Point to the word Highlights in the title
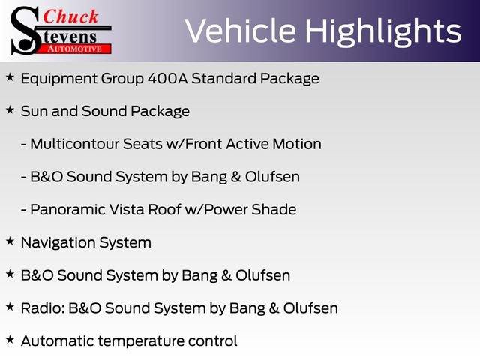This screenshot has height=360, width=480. (382, 31)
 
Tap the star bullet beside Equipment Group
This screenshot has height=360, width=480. (10, 76)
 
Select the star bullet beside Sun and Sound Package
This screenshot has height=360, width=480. (10, 109)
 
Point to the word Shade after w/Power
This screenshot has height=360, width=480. (274, 210)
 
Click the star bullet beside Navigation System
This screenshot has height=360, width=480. (10, 241)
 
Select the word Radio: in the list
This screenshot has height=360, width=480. (40, 308)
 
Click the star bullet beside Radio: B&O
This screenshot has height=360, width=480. (10, 307)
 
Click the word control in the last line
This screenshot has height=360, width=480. (214, 341)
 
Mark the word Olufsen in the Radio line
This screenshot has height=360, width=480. (310, 308)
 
